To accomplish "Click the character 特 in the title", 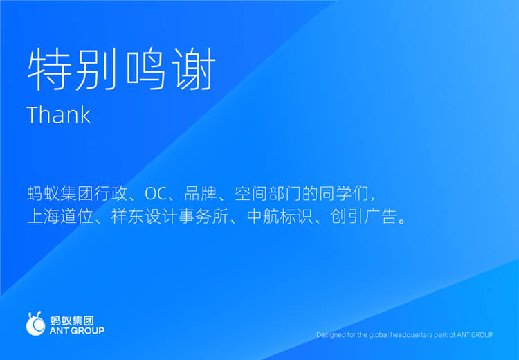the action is click(49, 69).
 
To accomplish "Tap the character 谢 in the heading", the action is click(194, 69).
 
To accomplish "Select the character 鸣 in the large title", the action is click(145, 69).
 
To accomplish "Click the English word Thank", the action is click(59, 115).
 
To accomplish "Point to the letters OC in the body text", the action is click(156, 194).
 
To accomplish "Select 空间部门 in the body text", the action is click(268, 194).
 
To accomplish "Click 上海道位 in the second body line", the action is click(60, 217).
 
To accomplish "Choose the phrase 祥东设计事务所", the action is click(170, 217).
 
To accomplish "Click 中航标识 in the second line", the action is click(280, 217).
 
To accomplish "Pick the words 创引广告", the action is click(364, 217).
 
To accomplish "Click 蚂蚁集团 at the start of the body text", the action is click(60, 194).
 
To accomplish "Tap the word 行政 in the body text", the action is click(110, 194).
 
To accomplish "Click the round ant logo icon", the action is click(35, 323).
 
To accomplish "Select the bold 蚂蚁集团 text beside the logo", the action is click(72, 321).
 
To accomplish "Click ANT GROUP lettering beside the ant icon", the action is click(77, 330).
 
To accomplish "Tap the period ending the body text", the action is click(402, 222).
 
